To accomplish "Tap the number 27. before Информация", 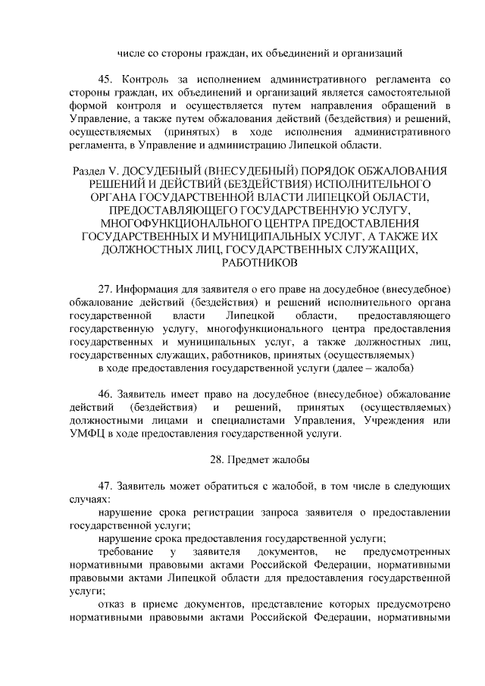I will pyautogui.click(x=107, y=288).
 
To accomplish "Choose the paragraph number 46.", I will pyautogui.click(x=107, y=394).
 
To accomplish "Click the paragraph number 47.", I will pyautogui.click(x=107, y=487).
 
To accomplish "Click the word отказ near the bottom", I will pyautogui.click(x=113, y=605).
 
